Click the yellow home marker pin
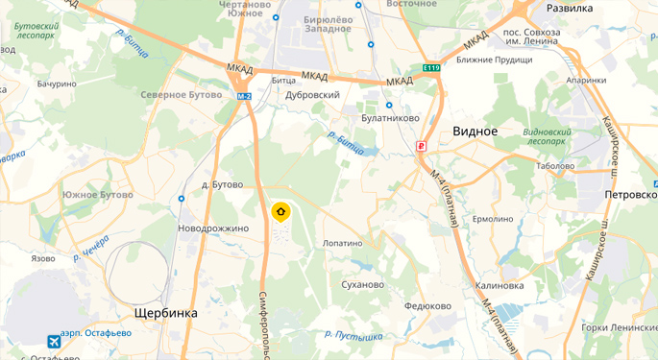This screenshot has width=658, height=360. pyautogui.click(x=280, y=212)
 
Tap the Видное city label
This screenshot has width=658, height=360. pyautogui.click(x=475, y=131)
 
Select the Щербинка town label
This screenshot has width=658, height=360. pyautogui.click(x=165, y=313)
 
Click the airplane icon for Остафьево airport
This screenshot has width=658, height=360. pyautogui.click(x=53, y=341)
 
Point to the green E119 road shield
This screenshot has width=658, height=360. pyautogui.click(x=431, y=68)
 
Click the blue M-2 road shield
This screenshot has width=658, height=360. pyautogui.click(x=244, y=96)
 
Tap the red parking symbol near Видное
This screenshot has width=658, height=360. pyautogui.click(x=421, y=146)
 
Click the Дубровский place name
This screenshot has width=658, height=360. pyautogui.click(x=313, y=95)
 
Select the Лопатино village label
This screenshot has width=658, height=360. pyautogui.click(x=343, y=243)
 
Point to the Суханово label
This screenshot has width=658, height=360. pyautogui.click(x=363, y=284)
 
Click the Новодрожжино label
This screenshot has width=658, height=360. pyautogui.click(x=213, y=228)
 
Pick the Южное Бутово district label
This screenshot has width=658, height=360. pyautogui.click(x=97, y=195)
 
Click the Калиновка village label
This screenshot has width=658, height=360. pyautogui.click(x=500, y=285)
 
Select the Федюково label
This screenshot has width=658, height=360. pyautogui.click(x=428, y=306)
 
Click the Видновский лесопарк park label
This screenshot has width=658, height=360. pyautogui.click(x=545, y=135)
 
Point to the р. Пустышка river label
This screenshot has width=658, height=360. pyautogui.click(x=354, y=335)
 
